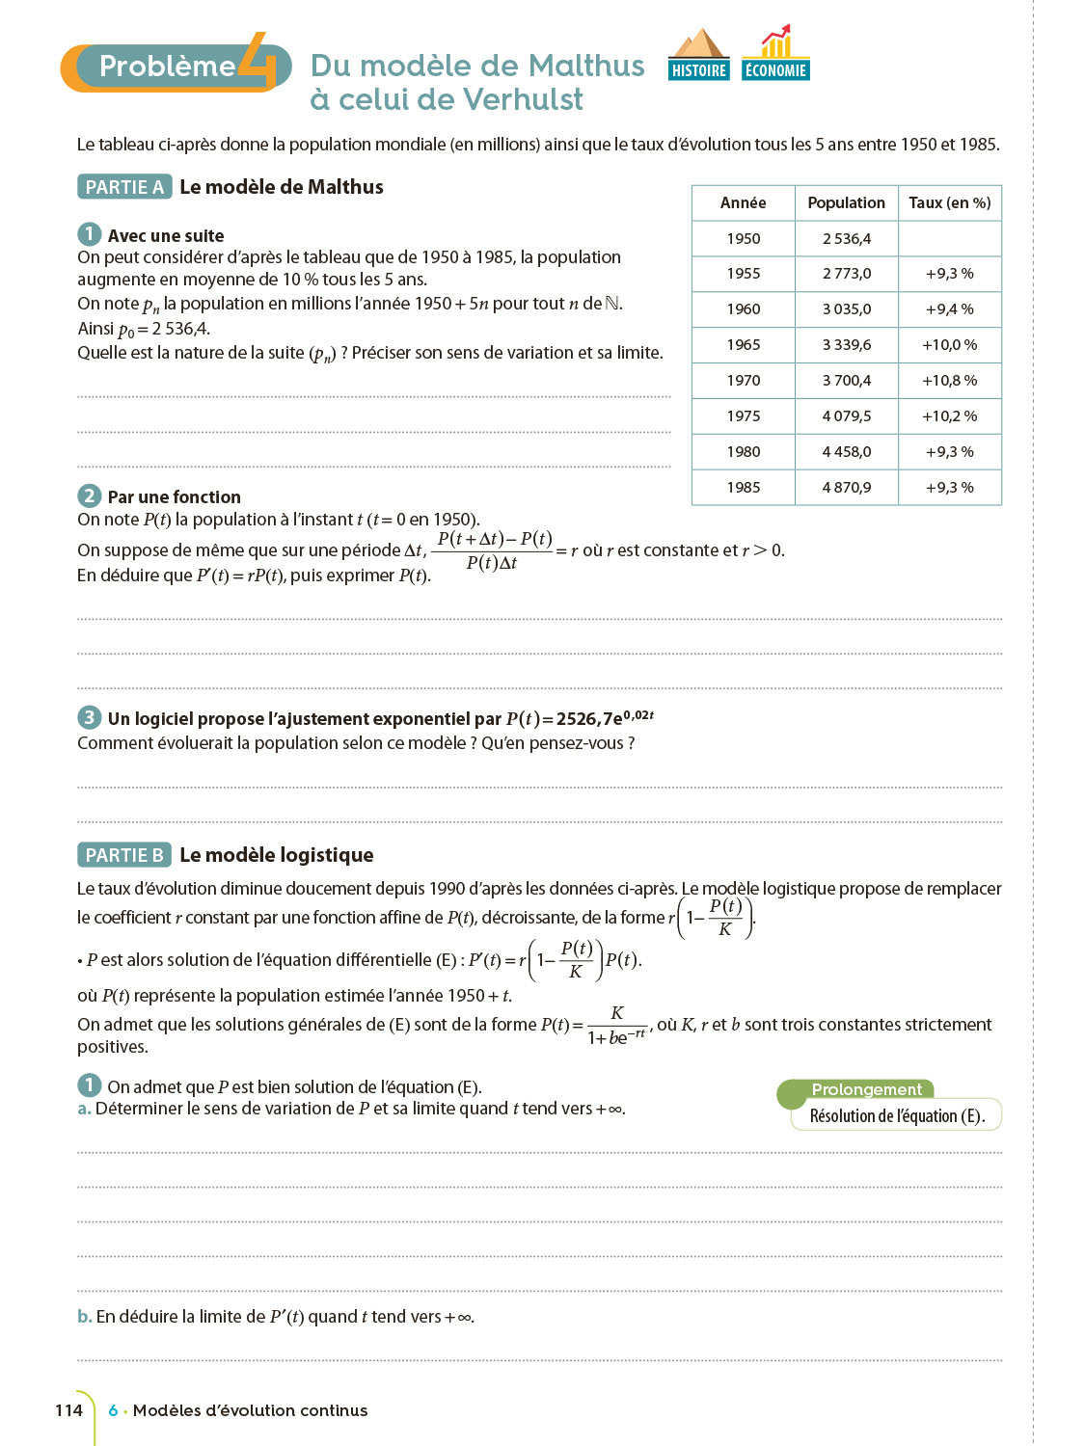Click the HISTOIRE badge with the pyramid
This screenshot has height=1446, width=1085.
698,56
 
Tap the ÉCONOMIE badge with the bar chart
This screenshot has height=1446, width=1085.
775,56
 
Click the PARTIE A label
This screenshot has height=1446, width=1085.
124,187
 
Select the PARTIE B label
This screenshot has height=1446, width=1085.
124,855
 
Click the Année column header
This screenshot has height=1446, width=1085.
743,202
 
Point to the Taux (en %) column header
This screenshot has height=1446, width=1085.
949,202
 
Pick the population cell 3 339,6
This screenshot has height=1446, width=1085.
846,345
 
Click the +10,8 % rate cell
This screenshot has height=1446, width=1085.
949,381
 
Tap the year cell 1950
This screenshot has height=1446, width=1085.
743,238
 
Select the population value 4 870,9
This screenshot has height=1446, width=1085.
846,488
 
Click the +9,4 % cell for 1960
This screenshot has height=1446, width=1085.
949,309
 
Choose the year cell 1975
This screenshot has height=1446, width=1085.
743,416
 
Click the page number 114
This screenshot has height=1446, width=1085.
68,1410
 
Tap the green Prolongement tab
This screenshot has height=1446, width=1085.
866,1089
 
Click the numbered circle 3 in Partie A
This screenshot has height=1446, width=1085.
89,717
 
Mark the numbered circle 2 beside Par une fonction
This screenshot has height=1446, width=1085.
89,495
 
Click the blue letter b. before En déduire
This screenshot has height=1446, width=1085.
85,1317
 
